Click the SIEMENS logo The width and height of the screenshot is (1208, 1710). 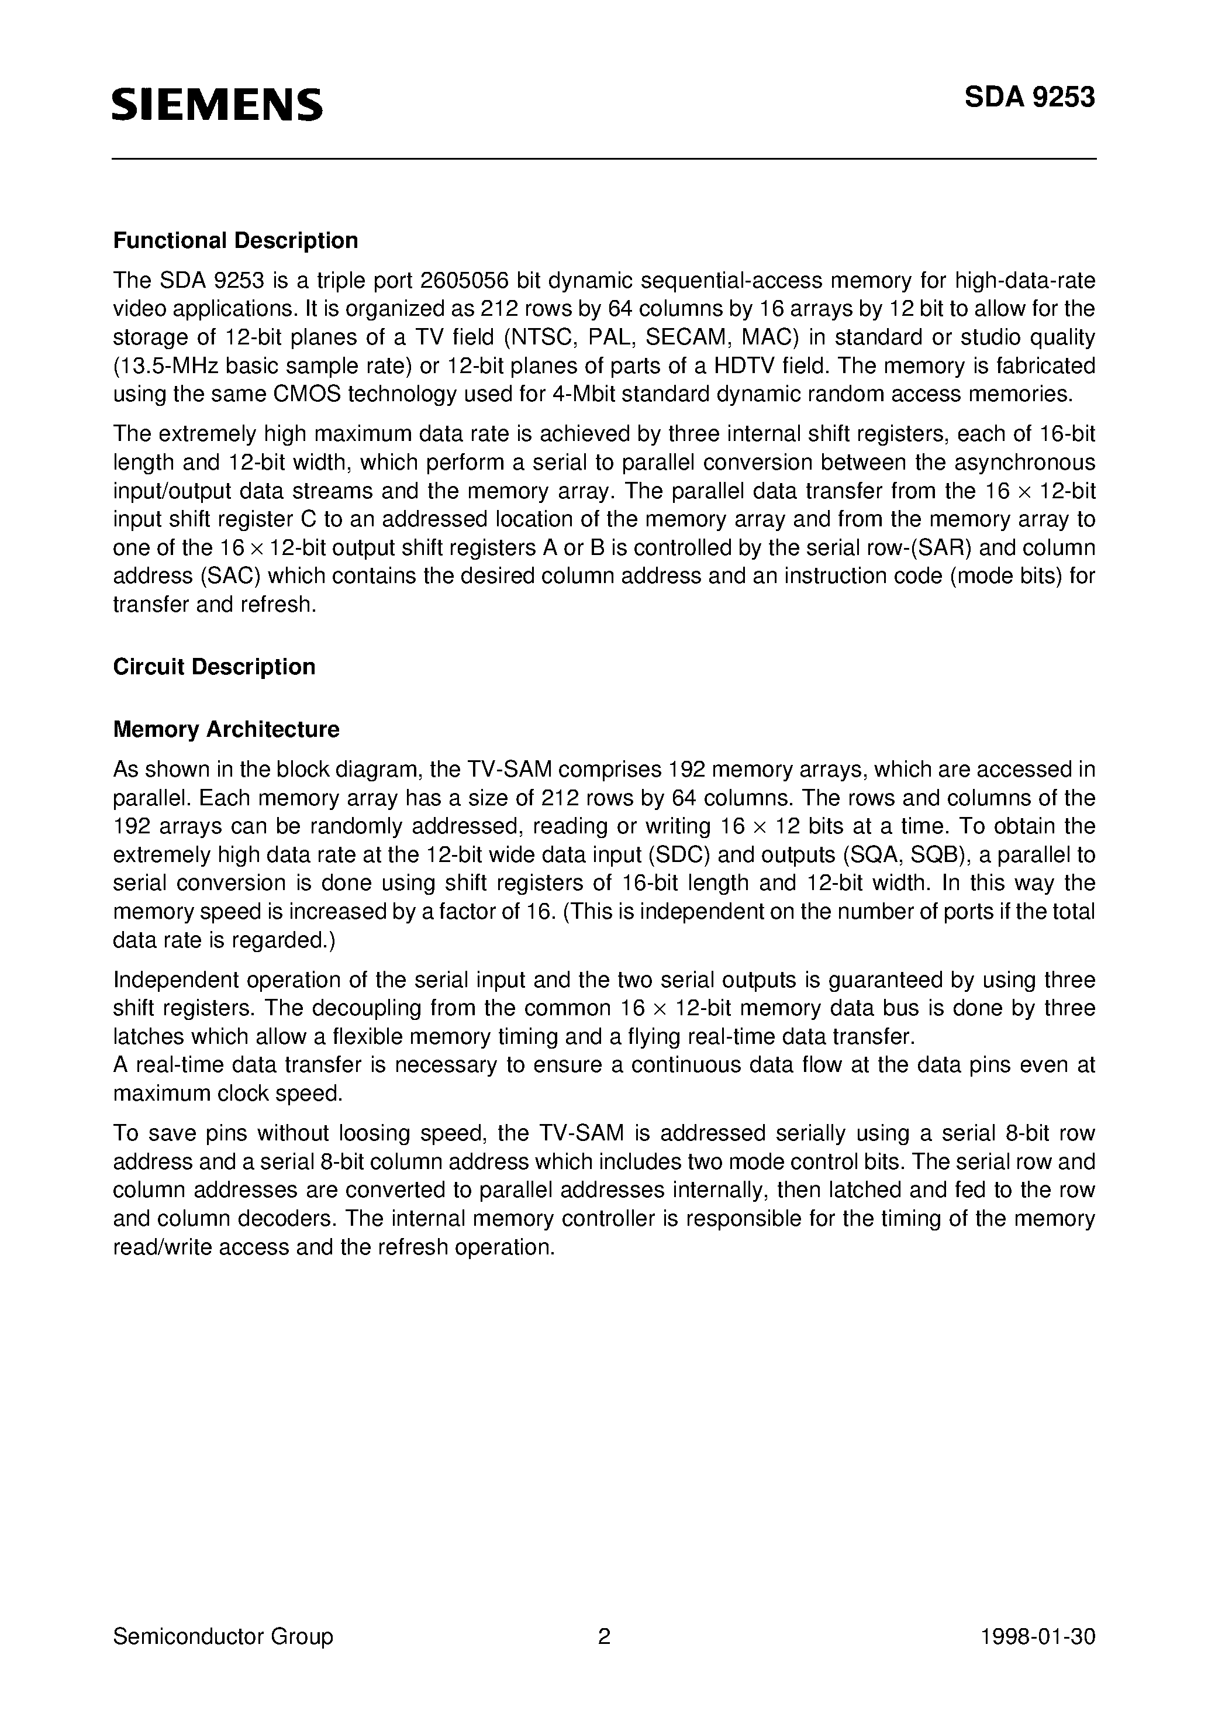click(218, 104)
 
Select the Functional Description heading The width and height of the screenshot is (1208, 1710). click(236, 240)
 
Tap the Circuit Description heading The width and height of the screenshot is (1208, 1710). click(214, 667)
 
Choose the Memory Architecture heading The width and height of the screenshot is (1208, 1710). click(226, 729)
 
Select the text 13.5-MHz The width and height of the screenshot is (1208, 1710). click(166, 366)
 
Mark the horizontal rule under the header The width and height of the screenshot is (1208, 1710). click(604, 158)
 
